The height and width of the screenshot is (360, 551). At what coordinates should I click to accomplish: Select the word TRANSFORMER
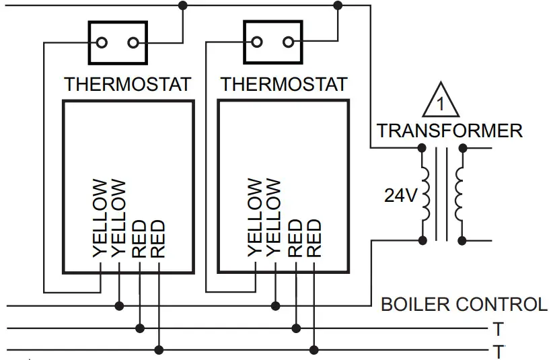coord(449,131)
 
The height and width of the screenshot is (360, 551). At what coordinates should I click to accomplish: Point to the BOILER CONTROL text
coord(464,304)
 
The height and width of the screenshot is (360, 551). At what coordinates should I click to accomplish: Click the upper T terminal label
coord(499,329)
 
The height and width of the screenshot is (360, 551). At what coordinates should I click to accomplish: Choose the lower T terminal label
coord(499,351)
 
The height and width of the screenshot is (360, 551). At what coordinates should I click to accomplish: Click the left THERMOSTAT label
coord(127,85)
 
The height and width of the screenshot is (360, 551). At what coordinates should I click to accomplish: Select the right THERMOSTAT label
coord(284,85)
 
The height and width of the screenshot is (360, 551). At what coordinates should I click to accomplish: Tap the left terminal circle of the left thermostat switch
coord(102,43)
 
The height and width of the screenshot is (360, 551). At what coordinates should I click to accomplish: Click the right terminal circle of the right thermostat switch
coord(289,43)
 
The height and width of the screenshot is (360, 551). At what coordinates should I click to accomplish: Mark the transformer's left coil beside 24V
coord(426,193)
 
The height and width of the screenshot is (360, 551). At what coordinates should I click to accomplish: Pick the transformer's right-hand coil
coord(460,193)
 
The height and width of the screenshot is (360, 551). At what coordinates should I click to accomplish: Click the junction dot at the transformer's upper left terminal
coord(422,147)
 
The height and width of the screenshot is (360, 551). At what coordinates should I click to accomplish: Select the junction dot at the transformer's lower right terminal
coord(462,240)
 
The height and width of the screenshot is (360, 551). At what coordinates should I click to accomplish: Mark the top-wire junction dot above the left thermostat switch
coord(183,5)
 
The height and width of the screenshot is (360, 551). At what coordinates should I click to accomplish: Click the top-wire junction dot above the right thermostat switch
coord(338,5)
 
